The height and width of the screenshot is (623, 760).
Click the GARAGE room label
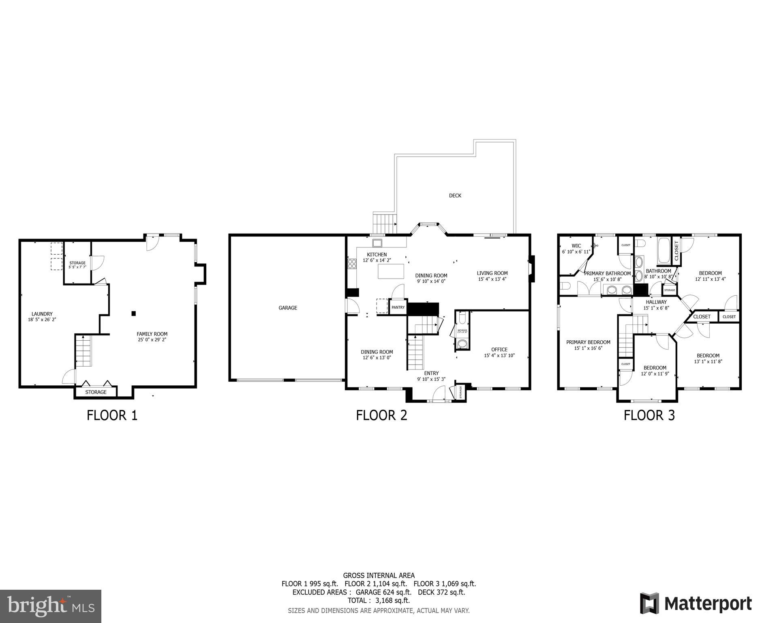[288, 308]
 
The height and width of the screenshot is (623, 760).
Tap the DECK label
[455, 195]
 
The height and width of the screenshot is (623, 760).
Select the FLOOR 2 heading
[381, 415]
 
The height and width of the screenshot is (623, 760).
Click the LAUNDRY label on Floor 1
[42, 314]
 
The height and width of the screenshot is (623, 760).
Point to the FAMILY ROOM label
[152, 334]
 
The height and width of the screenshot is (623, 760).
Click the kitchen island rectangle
[391, 271]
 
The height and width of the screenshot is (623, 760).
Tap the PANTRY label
[398, 307]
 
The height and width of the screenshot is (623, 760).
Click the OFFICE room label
[499, 350]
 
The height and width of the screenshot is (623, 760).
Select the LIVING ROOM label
[492, 273]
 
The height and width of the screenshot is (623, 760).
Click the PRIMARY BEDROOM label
[588, 342]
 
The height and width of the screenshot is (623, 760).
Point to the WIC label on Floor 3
[576, 246]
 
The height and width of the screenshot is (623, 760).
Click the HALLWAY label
[656, 302]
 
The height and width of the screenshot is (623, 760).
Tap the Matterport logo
[696, 604]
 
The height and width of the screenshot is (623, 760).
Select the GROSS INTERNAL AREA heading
[379, 575]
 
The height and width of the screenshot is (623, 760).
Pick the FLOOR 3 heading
[649, 415]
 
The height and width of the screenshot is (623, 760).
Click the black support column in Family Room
[134, 313]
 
